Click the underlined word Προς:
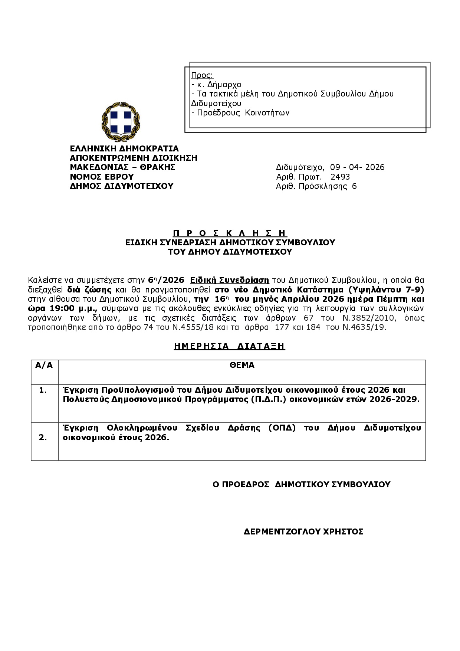pyautogui.click(x=202, y=75)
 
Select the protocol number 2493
pyautogui.click(x=340, y=177)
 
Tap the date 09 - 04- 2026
pyautogui.click(x=357, y=167)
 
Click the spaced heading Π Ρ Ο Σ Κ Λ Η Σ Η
pyautogui.click(x=230, y=233)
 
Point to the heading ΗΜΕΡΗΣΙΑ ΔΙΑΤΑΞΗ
pyautogui.click(x=229, y=346)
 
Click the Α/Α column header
pyautogui.click(x=44, y=365)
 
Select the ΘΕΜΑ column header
pyautogui.click(x=242, y=365)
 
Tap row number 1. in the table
pyautogui.click(x=43, y=390)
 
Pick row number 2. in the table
pyautogui.click(x=43, y=437)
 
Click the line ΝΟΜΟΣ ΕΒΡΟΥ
pyautogui.click(x=102, y=177)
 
